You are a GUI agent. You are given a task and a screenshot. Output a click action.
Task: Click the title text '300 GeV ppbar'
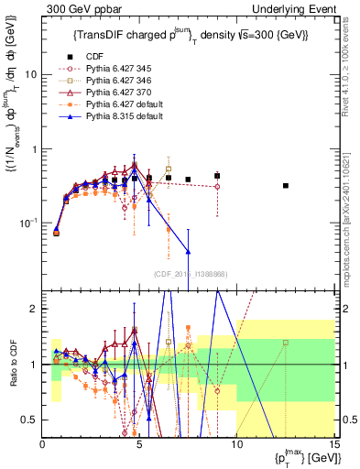pos(76,8)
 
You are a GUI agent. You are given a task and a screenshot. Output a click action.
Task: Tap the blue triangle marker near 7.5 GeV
pos(188,251)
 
